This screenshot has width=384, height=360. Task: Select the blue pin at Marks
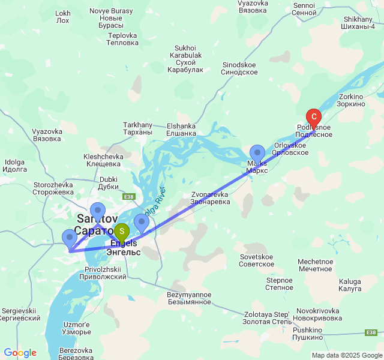pyautogui.click(x=257, y=154)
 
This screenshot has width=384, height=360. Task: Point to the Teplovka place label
pyautogui.click(x=122, y=39)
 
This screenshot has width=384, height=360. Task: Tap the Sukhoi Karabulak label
pyautogui.click(x=185, y=59)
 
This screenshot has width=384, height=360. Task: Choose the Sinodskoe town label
pyautogui.click(x=239, y=68)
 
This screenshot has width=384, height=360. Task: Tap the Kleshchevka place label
pyautogui.click(x=103, y=160)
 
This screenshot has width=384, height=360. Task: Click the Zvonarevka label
pyautogui.click(x=210, y=198)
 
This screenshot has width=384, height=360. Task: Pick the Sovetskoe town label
pyautogui.click(x=256, y=260)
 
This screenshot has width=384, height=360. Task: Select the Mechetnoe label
pyautogui.click(x=315, y=265)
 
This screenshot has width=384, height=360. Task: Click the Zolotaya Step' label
pyautogui.click(x=266, y=318)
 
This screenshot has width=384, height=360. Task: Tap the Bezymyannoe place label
pyautogui.click(x=189, y=298)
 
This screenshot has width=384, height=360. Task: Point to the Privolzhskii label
pyautogui.click(x=106, y=274)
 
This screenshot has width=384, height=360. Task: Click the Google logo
pyautogui.click(x=20, y=353)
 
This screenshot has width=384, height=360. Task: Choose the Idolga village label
pyautogui.click(x=14, y=166)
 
